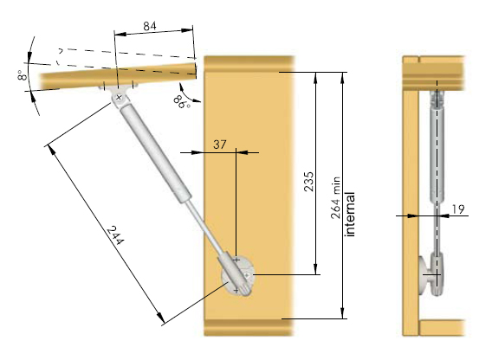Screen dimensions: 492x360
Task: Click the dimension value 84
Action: tap(150, 26)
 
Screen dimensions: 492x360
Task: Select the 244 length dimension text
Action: tap(115, 235)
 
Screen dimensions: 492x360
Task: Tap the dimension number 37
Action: tap(220, 145)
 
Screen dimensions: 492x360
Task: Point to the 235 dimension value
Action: tap(308, 181)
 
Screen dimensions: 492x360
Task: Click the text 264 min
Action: tap(335, 197)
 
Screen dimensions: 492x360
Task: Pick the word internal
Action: tap(350, 214)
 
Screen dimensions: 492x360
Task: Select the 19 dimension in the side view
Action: tap(458, 209)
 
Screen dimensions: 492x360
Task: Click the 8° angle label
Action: tap(23, 75)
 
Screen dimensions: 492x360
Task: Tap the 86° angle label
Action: tap(182, 101)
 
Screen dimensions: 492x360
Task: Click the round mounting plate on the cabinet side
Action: tap(238, 276)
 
